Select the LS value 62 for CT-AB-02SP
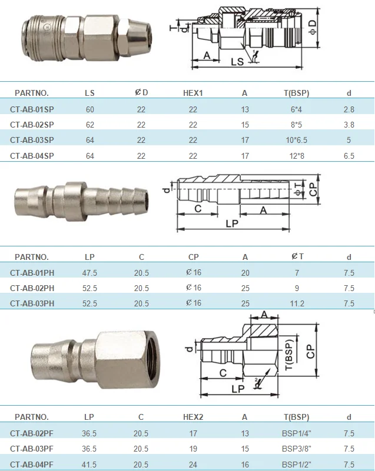tap(89, 125)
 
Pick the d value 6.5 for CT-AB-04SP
tap(349, 156)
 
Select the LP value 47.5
tap(90, 273)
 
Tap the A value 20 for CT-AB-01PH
tap(245, 273)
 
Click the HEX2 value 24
tap(193, 465)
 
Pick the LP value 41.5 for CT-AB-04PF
tap(89, 465)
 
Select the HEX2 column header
tap(193, 417)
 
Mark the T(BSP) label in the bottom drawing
tap(289, 354)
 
